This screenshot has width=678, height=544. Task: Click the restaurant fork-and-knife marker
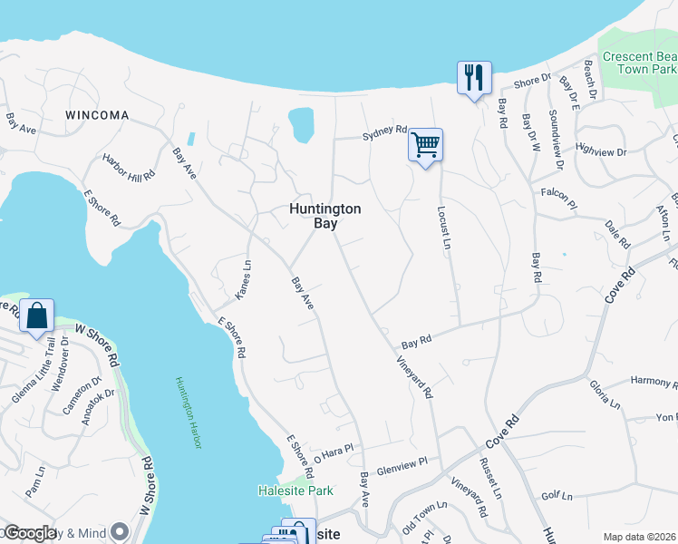point(474,78)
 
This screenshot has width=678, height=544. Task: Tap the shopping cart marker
point(425,145)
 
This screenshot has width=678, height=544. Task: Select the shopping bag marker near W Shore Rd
point(37,316)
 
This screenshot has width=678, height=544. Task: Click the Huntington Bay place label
point(324,216)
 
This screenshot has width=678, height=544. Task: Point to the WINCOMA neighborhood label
point(97,116)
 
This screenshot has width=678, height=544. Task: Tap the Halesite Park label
point(295,491)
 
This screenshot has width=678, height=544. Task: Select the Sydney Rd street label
point(384,131)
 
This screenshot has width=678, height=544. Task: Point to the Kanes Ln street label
point(243,279)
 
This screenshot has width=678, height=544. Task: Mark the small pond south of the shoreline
point(300,124)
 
